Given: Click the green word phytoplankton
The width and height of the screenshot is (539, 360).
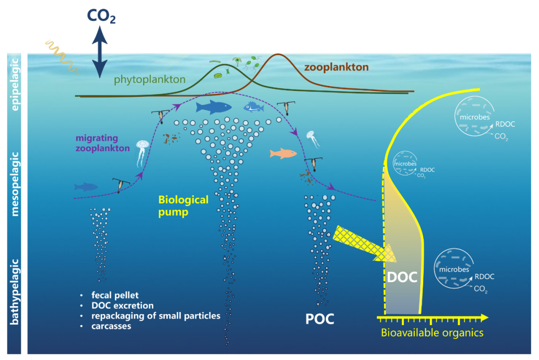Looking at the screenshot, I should pos(149,79).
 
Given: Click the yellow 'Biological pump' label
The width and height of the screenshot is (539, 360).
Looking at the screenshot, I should pos(183,205).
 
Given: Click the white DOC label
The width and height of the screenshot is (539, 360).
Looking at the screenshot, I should pos(402,277).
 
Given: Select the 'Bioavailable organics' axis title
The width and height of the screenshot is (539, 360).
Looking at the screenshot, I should pos(432,333).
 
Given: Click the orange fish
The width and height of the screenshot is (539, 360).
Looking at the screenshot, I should pos(283,153).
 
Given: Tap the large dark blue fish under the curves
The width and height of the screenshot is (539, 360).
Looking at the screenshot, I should pos(214,107).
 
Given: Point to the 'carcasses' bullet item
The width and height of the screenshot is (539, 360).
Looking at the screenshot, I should pos(111,326).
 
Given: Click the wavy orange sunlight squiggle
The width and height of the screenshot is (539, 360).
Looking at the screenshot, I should pos(59,53).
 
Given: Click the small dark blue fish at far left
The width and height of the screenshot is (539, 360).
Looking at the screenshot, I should pos(86,187).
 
